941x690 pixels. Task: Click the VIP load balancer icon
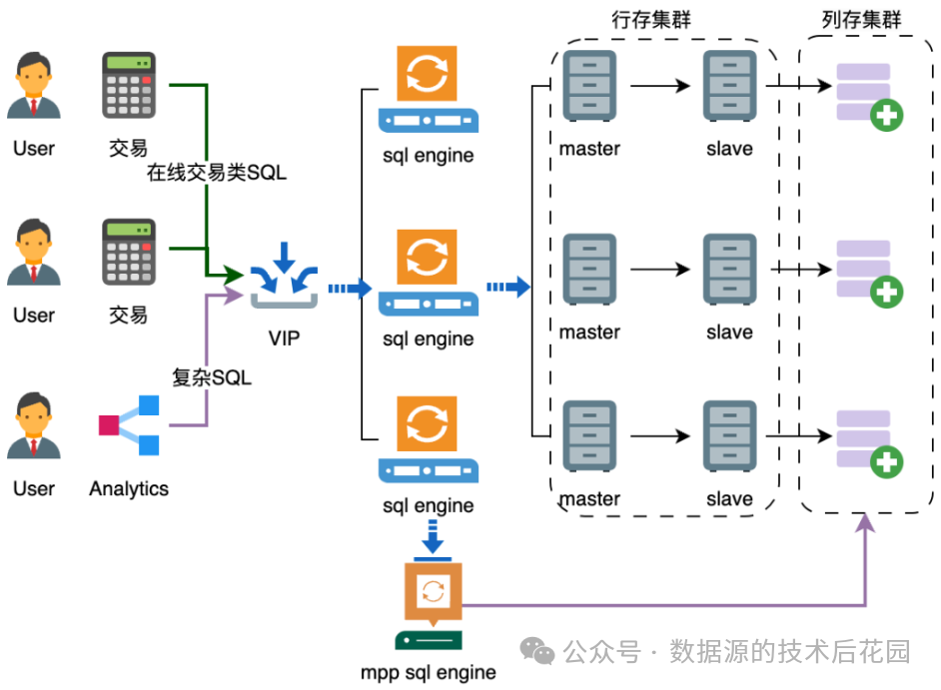pos(284,276)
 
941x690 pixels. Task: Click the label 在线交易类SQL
pos(217,173)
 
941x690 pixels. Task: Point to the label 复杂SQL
pos(212,378)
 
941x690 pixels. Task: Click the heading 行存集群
pos(651,20)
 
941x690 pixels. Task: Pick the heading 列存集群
pos(860,20)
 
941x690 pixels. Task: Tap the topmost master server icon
pos(589,86)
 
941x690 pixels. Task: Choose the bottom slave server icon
pos(729,435)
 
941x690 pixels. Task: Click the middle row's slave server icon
pos(729,269)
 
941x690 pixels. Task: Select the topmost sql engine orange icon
pos(428,74)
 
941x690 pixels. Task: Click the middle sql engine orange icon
pos(428,257)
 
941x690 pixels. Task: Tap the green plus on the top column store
pos(886,115)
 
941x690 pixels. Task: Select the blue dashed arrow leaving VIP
pos(350,289)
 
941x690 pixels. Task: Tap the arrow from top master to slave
pos(660,86)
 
